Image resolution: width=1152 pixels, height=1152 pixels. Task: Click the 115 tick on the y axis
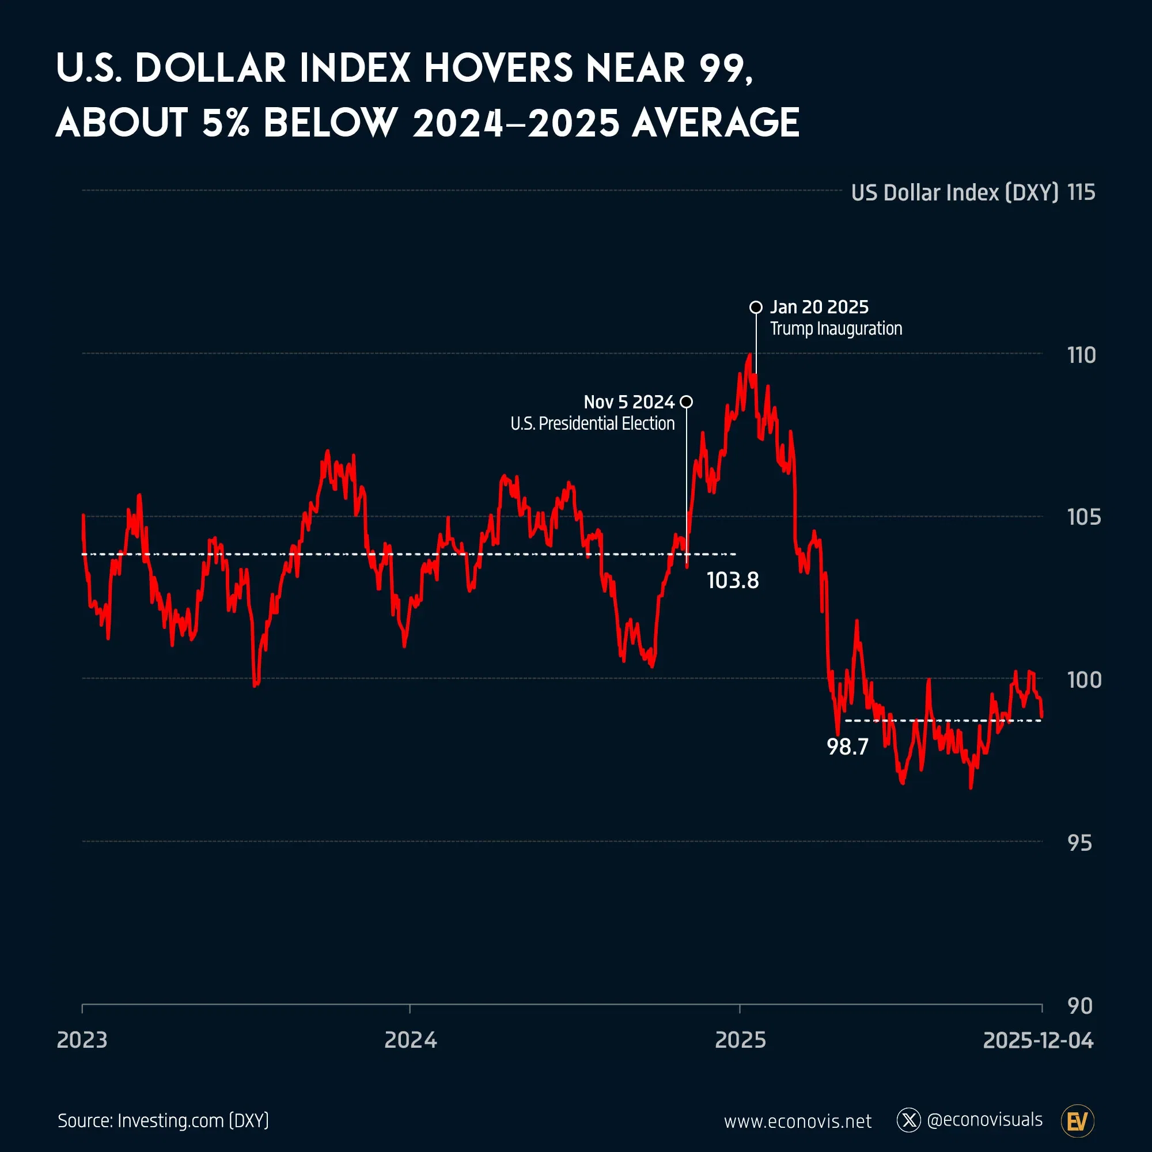click(x=1081, y=192)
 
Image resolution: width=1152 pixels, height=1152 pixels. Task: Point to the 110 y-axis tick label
click(x=1081, y=355)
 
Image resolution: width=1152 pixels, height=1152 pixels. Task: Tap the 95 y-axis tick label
click(x=1079, y=843)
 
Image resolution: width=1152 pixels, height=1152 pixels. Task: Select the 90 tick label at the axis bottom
click(x=1079, y=1006)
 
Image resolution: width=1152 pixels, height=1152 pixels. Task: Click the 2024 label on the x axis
click(x=410, y=1040)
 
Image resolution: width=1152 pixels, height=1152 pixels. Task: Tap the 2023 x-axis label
click(x=82, y=1040)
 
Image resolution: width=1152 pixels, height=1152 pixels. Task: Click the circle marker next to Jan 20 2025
click(x=756, y=308)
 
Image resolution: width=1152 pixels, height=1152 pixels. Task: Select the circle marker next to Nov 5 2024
click(x=687, y=402)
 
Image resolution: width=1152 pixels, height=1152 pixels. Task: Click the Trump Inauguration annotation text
click(x=835, y=328)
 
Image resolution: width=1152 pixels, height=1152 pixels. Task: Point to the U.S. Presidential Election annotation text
click(x=592, y=423)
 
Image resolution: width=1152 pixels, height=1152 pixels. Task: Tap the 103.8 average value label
click(x=732, y=581)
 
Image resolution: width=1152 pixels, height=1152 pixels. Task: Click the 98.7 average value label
click(x=847, y=747)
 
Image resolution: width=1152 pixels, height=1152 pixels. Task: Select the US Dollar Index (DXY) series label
click(x=954, y=192)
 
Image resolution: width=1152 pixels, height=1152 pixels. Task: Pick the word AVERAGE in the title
click(x=715, y=123)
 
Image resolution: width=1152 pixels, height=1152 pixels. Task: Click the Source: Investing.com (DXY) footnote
click(x=163, y=1120)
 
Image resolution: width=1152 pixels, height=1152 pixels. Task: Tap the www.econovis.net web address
click(x=797, y=1121)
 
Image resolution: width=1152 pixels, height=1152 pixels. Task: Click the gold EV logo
click(x=1078, y=1121)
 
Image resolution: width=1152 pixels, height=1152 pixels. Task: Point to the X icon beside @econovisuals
click(x=909, y=1120)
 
